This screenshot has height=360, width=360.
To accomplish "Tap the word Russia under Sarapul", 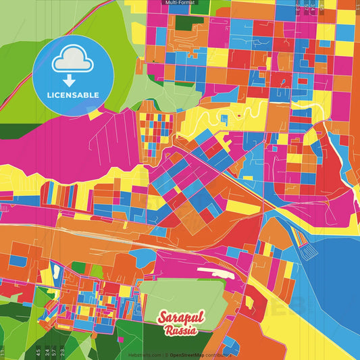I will point(180,331).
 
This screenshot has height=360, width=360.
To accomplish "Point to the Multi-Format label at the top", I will point(180,3).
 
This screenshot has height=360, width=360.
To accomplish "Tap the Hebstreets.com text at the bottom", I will point(145,354).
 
